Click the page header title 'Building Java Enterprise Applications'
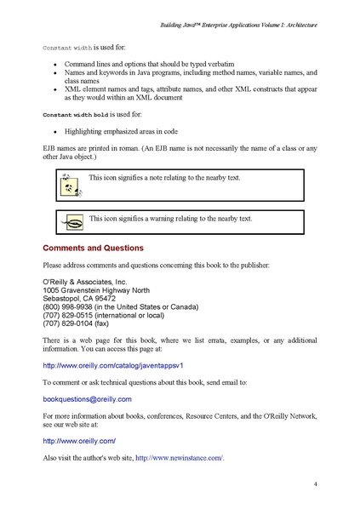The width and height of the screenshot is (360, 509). [x=238, y=26]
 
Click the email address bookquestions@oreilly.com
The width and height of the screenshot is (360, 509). [x=87, y=398]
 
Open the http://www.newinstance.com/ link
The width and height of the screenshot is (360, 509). [x=179, y=458]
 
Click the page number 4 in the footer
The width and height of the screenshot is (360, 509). [x=315, y=483]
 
